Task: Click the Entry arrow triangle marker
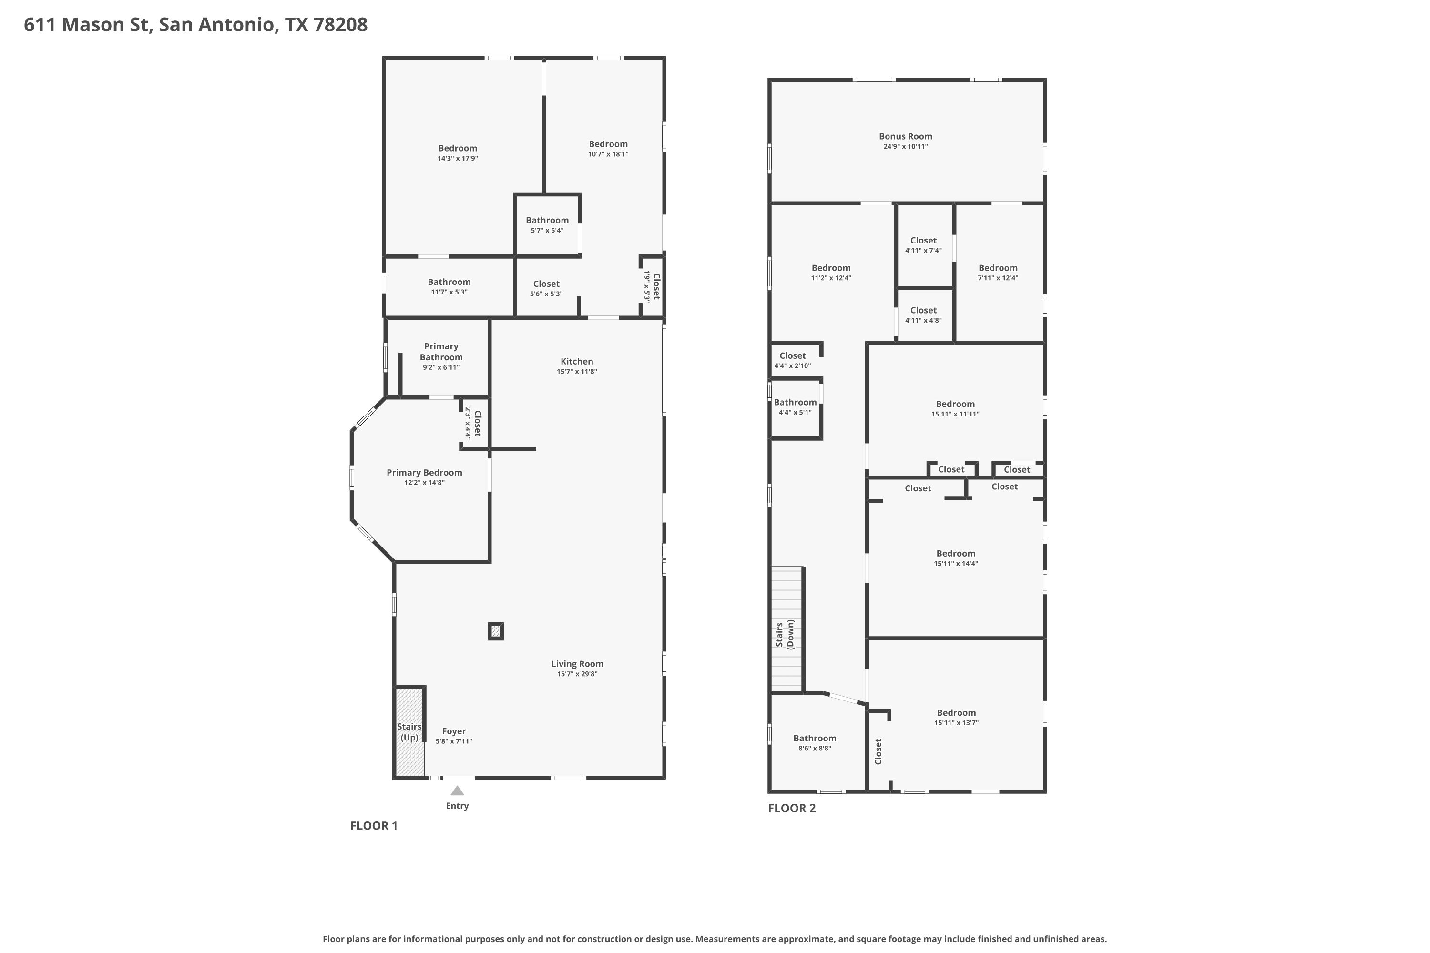(x=457, y=791)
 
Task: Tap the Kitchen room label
(x=576, y=361)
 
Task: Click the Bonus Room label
(x=905, y=136)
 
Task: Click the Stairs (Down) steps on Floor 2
(x=787, y=629)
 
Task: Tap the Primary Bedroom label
(x=424, y=472)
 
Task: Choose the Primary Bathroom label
(x=441, y=351)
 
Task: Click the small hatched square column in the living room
(x=496, y=631)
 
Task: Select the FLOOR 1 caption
(x=374, y=825)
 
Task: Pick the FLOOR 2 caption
(x=792, y=808)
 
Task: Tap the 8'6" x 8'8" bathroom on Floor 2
(x=815, y=743)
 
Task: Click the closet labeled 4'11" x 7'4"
(x=924, y=245)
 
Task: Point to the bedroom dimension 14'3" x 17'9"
(x=458, y=158)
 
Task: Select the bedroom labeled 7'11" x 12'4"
(x=998, y=272)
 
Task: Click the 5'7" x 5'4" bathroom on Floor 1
(x=547, y=225)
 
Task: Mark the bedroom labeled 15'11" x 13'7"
(x=956, y=717)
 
